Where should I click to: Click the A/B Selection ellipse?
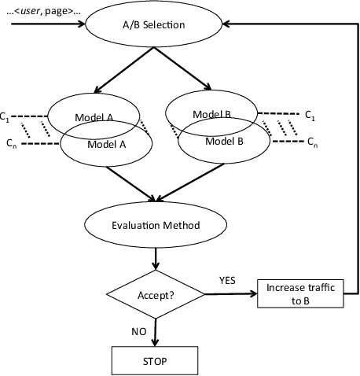(158, 24)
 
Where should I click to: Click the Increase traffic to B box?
(300, 295)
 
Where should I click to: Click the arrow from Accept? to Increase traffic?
(232, 296)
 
